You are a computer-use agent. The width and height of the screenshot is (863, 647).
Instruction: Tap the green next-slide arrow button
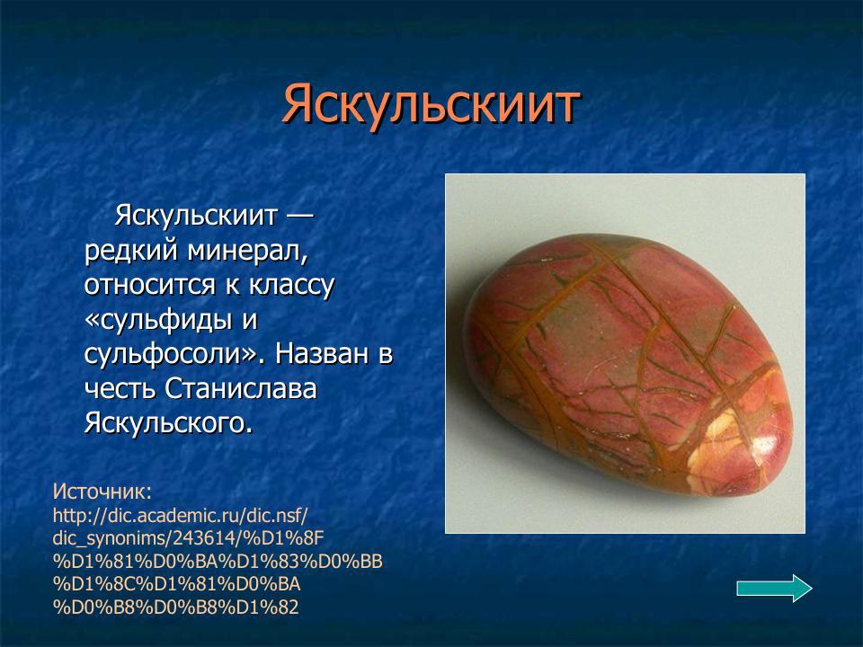click(774, 588)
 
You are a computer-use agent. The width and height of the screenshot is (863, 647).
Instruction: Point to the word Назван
click(321, 353)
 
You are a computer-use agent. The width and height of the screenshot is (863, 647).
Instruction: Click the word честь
click(121, 387)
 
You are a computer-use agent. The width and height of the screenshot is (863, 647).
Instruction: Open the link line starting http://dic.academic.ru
click(181, 515)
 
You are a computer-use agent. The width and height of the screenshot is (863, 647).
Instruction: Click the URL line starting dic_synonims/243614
click(188, 538)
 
